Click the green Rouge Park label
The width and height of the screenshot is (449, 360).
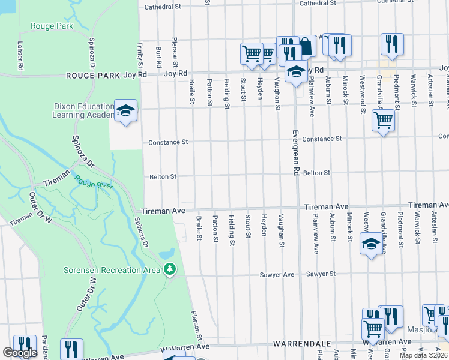point(52,26)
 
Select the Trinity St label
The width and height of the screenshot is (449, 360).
point(140,55)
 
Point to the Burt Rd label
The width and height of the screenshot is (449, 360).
point(158,55)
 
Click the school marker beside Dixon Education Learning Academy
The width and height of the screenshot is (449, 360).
point(125,111)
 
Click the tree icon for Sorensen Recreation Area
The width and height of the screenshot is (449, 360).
point(170,270)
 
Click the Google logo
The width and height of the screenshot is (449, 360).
point(20,353)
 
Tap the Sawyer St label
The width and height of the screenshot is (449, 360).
point(321,274)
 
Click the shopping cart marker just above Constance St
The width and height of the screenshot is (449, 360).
point(382,121)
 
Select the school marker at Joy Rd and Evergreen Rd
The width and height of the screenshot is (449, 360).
point(295,72)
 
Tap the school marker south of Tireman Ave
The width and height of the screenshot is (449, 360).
point(371,244)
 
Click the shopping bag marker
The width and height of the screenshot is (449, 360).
point(306,46)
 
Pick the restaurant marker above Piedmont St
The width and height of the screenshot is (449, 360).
point(392,44)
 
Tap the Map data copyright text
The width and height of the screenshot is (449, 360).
point(423,355)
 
